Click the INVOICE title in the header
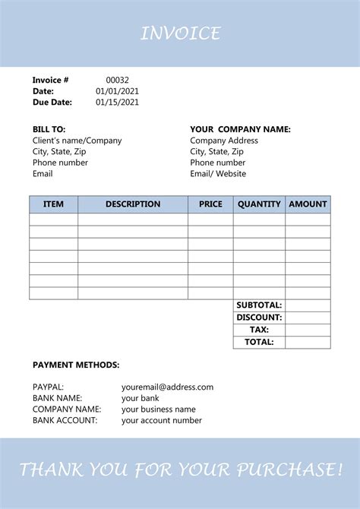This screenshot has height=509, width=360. pyautogui.click(x=180, y=33)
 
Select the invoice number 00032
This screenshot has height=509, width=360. pyautogui.click(x=117, y=80)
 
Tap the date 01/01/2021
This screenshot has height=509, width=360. pyautogui.click(x=117, y=91)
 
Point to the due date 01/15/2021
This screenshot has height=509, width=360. pyautogui.click(x=117, y=103)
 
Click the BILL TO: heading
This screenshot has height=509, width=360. pyautogui.click(x=49, y=129)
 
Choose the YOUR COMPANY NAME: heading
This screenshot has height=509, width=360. pyautogui.click(x=240, y=129)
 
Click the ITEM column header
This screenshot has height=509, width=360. pyautogui.click(x=54, y=204)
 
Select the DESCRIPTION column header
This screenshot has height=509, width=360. pyautogui.click(x=133, y=204)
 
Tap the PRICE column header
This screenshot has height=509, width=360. pyautogui.click(x=210, y=204)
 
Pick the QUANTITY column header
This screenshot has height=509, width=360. pyautogui.click(x=259, y=204)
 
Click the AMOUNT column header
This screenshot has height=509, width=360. pyautogui.click(x=308, y=204)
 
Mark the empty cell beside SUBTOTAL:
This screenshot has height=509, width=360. pyautogui.click(x=308, y=305)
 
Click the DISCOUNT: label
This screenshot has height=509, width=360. pyautogui.click(x=259, y=318)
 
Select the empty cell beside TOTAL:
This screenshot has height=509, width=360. pyautogui.click(x=308, y=343)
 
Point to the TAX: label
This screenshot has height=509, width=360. pyautogui.click(x=259, y=330)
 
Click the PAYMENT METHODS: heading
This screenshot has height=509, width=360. pyautogui.click(x=76, y=365)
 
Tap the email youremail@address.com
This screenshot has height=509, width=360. pyautogui.click(x=167, y=387)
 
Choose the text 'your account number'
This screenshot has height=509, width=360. pyautogui.click(x=162, y=420)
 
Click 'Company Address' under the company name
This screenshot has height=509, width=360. pyautogui.click(x=224, y=141)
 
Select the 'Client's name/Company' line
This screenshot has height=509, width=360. pyautogui.click(x=77, y=141)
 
